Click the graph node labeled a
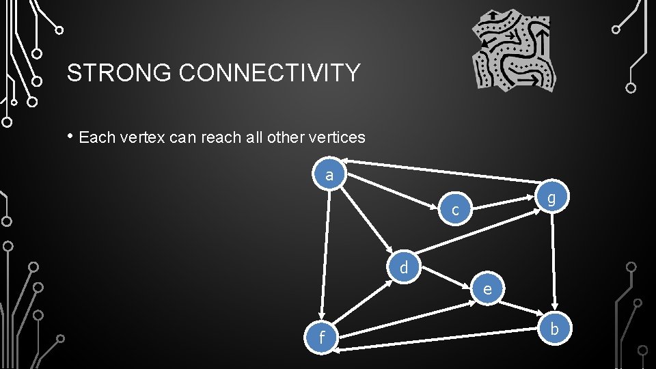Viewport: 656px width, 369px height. pyautogui.click(x=330, y=175)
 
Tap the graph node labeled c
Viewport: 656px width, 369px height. pyautogui.click(x=456, y=210)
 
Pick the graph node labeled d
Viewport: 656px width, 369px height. pyautogui.click(x=404, y=267)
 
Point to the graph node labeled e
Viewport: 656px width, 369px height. pyautogui.click(x=487, y=288)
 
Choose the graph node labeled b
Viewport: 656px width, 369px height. pyautogui.click(x=554, y=329)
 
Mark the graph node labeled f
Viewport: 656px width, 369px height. pyautogui.click(x=322, y=338)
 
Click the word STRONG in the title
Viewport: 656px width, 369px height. pyautogui.click(x=120, y=72)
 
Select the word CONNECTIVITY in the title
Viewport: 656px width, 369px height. pyautogui.click(x=269, y=72)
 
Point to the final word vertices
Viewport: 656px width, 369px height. pyautogui.click(x=331, y=137)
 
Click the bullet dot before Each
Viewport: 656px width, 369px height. pyautogui.click(x=70, y=135)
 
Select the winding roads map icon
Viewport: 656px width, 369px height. pyautogui.click(x=515, y=50)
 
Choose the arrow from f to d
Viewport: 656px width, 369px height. pyautogui.click(x=363, y=300)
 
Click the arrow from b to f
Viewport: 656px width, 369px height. pyautogui.click(x=444, y=340)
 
